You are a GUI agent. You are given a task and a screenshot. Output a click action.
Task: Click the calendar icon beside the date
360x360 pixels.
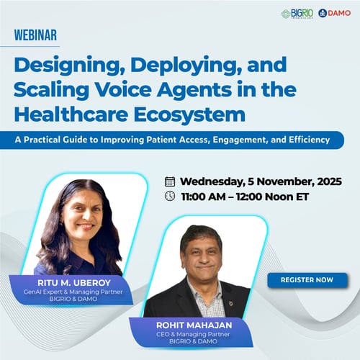[170, 181]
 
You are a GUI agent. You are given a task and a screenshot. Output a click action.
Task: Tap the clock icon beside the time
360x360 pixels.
[170, 196]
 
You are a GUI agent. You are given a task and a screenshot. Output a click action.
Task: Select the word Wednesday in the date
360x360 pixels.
[215, 181]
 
